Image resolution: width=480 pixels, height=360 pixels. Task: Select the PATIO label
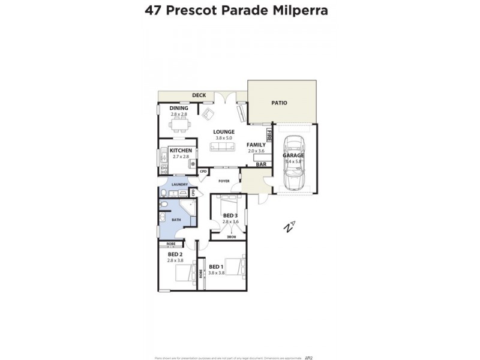click(x=279, y=103)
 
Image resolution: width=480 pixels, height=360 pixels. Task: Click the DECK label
click(x=199, y=95)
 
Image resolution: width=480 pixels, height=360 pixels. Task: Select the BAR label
click(x=261, y=164)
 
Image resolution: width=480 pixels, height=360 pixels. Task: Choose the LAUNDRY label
click(x=179, y=184)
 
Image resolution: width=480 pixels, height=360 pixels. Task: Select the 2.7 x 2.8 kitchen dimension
click(x=181, y=157)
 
